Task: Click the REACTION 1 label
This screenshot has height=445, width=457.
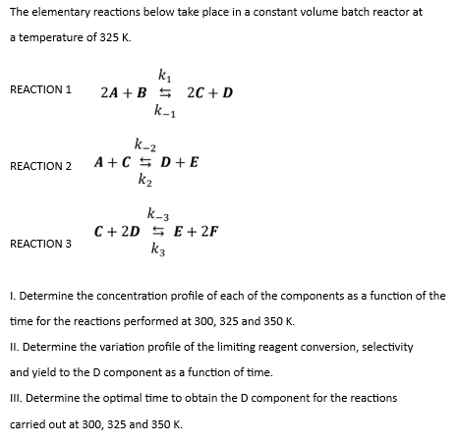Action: pyautogui.click(x=40, y=89)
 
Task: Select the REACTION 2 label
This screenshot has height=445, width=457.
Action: pyautogui.click(x=40, y=165)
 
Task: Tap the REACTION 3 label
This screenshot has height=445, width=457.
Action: pyautogui.click(x=40, y=242)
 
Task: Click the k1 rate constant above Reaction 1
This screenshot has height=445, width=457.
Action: pyautogui.click(x=163, y=73)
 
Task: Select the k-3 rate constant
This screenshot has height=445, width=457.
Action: pyautogui.click(x=156, y=214)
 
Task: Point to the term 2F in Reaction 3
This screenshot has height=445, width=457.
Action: pyautogui.click(x=209, y=232)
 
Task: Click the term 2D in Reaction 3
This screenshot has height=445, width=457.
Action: pyautogui.click(x=131, y=232)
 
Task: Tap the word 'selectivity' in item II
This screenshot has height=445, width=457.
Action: pyautogui.click(x=388, y=347)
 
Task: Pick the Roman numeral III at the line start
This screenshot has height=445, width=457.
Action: pyautogui.click(x=13, y=398)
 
